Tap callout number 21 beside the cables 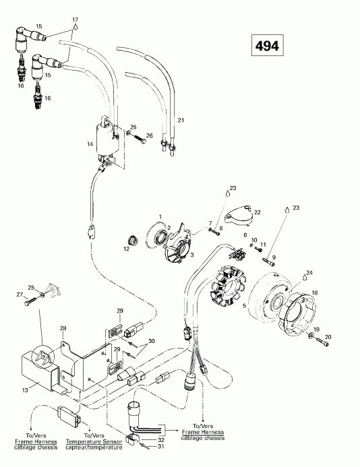[x=180, y=119]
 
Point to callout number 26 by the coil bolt [x=150, y=135]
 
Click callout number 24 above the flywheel [x=291, y=272]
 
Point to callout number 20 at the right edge [x=328, y=337]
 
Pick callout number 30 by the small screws [x=151, y=341]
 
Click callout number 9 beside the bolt [x=274, y=257]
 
